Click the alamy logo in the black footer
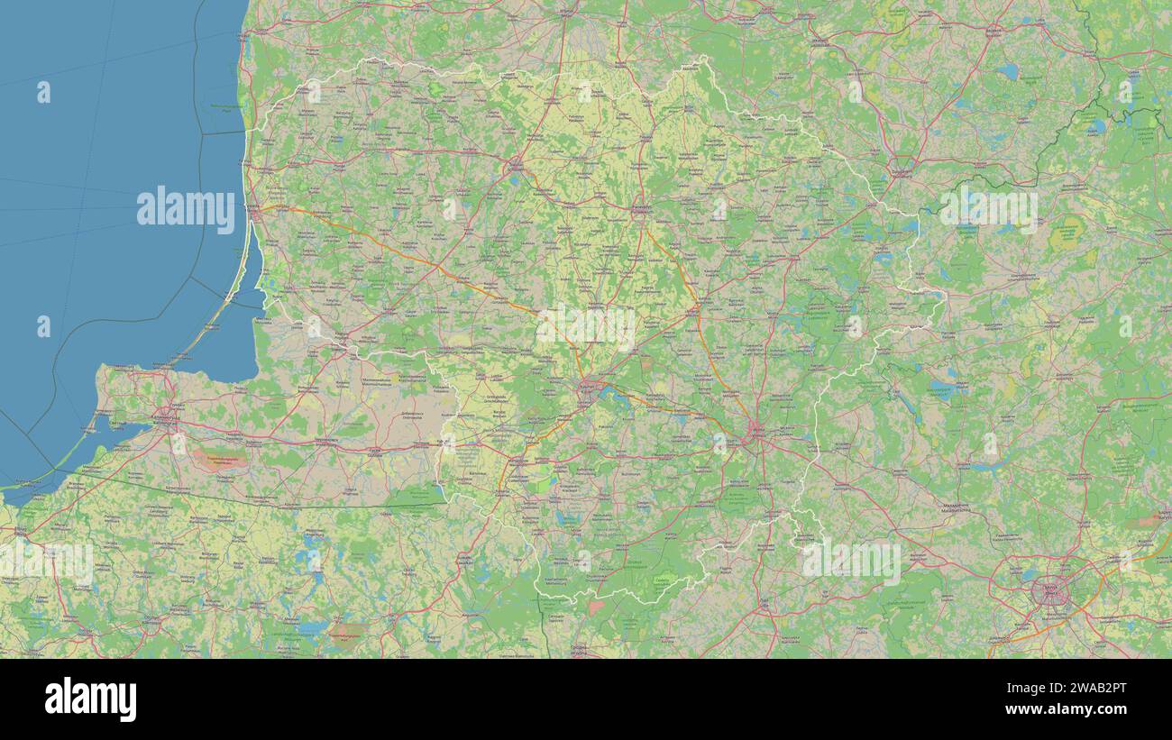click(90, 700)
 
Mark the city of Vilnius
click(755, 434)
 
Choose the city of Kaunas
click(588, 390)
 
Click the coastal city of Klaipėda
click(255, 214)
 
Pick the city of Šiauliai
click(515, 165)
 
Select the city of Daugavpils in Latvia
click(902, 166)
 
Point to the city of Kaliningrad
click(165, 416)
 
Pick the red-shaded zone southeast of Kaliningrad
click(220, 460)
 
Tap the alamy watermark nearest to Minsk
click(850, 562)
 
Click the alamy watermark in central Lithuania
click(586, 327)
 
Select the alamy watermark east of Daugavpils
click(988, 209)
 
